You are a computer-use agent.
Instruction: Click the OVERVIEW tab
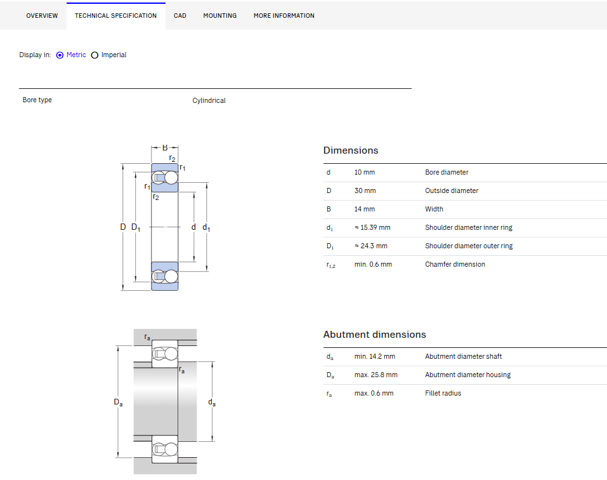[x=42, y=15]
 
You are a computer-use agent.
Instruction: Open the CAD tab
[x=180, y=15]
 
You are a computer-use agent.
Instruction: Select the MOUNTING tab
[x=220, y=15]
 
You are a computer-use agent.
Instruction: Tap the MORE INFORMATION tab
[x=284, y=15]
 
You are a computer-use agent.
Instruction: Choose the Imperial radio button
[x=95, y=55]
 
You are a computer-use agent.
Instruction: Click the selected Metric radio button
[x=60, y=55]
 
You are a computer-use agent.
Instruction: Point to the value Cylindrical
[x=209, y=100]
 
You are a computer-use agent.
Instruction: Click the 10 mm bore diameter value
[x=364, y=172]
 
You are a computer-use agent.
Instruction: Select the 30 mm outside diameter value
[x=365, y=190]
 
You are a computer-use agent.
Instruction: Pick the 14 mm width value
[x=364, y=209]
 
